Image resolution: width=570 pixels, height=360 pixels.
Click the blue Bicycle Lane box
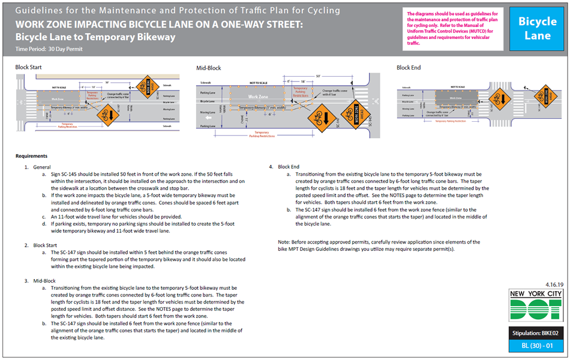click(x=537, y=28)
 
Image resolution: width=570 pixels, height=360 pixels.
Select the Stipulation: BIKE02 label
click(x=536, y=334)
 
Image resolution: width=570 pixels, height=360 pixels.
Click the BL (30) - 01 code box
click(x=536, y=346)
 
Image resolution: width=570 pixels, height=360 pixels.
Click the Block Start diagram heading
click(x=29, y=68)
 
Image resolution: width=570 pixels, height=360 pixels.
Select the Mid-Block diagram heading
click(x=209, y=68)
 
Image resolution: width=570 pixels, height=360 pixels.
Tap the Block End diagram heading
click(x=409, y=68)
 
